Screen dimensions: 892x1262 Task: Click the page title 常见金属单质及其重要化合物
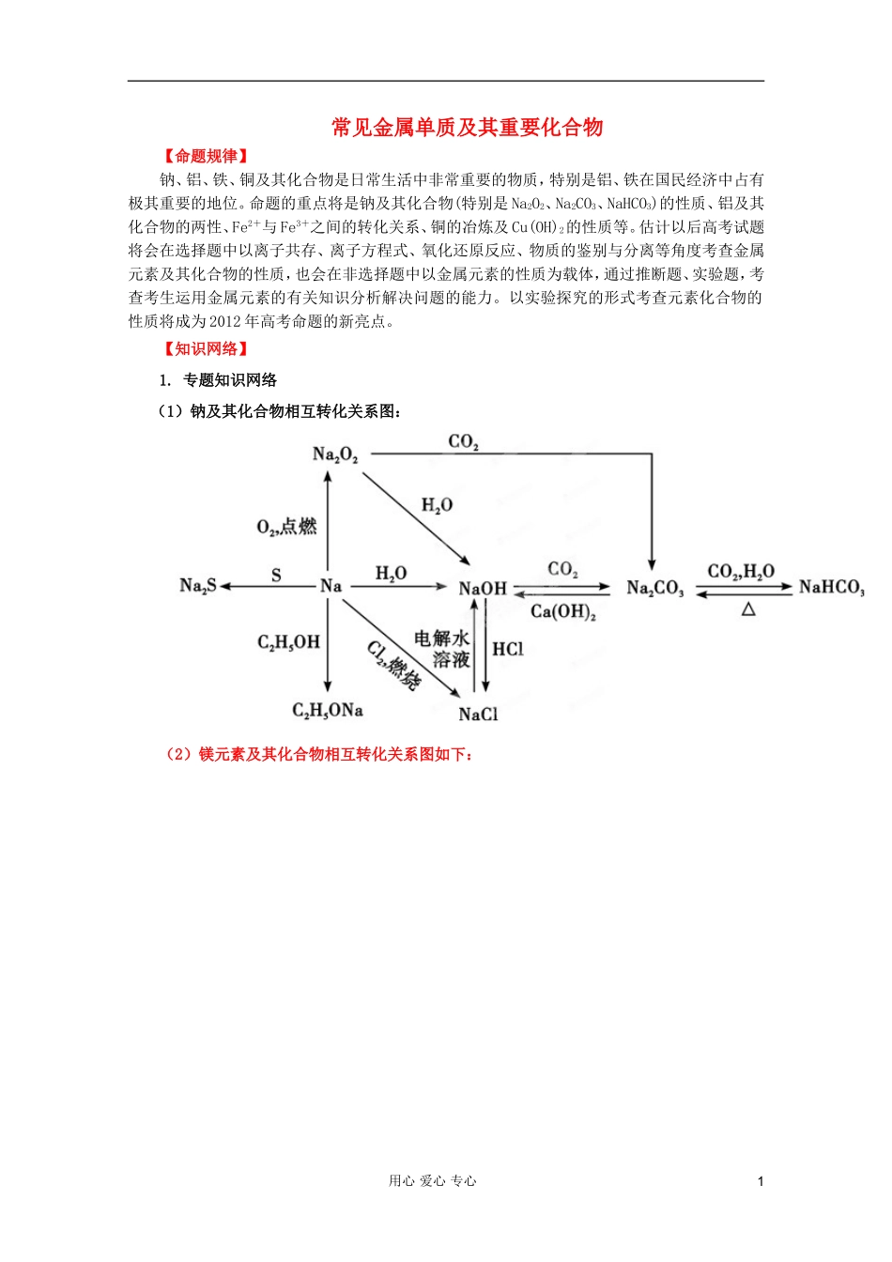tap(467, 128)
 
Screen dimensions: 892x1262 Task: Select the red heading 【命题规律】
tap(206, 156)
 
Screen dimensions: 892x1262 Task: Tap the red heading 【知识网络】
tap(206, 348)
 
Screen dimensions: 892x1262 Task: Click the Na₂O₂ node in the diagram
tap(335, 455)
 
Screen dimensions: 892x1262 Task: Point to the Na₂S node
tap(197, 586)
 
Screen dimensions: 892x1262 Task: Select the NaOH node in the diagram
tap(483, 589)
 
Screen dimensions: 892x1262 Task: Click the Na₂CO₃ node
tap(654, 589)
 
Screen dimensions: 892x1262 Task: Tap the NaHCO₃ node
tap(831, 588)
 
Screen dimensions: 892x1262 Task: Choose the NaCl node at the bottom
tap(478, 715)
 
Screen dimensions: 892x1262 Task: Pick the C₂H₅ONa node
tap(327, 711)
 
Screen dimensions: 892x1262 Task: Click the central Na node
tap(331, 586)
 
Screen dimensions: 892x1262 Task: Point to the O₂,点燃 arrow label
tap(286, 527)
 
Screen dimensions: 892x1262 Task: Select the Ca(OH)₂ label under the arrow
tap(563, 612)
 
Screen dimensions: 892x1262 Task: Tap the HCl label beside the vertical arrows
tap(508, 649)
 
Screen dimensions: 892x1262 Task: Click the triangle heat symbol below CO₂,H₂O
tap(748, 609)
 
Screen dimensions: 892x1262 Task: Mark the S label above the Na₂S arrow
tap(276, 575)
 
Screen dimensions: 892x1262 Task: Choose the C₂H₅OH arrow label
tap(288, 642)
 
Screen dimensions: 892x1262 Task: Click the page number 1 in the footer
tap(761, 1181)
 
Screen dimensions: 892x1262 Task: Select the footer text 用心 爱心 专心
tap(433, 1181)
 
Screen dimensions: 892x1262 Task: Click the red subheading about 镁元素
tap(319, 754)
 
